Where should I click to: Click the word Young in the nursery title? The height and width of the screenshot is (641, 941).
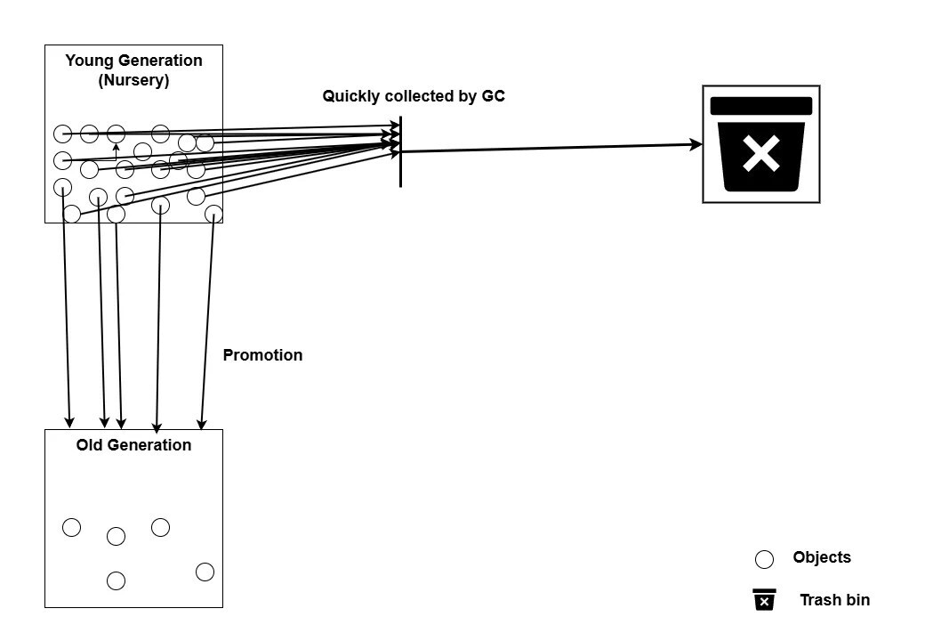[89, 61]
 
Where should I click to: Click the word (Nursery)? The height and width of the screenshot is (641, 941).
[133, 80]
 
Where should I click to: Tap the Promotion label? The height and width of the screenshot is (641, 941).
[263, 355]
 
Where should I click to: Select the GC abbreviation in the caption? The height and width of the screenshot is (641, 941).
[494, 96]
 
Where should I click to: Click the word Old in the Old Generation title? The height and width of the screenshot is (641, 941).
[89, 445]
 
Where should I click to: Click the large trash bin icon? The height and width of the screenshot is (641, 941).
[761, 144]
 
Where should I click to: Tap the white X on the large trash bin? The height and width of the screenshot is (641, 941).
[761, 153]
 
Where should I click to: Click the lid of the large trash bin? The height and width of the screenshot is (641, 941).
[761, 106]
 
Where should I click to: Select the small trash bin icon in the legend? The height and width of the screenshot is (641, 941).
[764, 599]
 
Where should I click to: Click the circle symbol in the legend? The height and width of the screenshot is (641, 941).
[764, 559]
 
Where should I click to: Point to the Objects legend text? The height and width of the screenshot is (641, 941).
[822, 557]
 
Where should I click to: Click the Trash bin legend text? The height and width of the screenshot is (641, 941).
[835, 600]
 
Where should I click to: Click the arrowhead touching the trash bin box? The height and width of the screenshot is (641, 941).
[696, 144]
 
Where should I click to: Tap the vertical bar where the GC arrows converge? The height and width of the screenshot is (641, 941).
[400, 151]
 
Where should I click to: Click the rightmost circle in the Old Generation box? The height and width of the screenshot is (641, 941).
[205, 572]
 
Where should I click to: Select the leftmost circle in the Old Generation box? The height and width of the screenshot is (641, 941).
[71, 527]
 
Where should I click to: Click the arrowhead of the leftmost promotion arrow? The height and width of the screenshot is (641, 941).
[69, 422]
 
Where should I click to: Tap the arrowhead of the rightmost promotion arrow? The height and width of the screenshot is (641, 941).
[202, 423]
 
